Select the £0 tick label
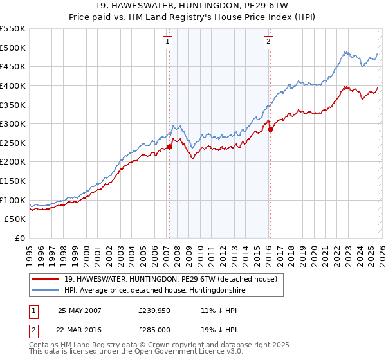[21, 239]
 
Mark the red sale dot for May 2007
[170, 147]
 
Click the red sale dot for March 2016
[270, 129]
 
